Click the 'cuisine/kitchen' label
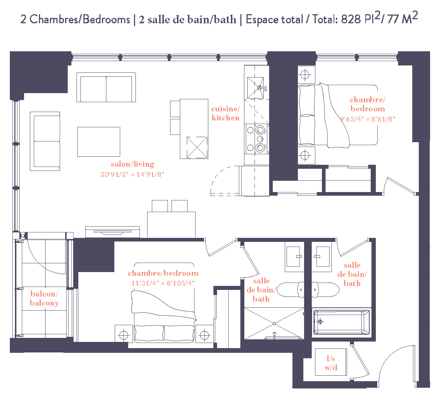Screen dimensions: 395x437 pyautogui.click(x=225, y=113)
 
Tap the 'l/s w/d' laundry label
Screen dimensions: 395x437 pyautogui.click(x=331, y=363)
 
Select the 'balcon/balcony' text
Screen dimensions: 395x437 pyautogui.click(x=44, y=298)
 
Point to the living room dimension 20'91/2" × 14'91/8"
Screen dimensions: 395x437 pyautogui.click(x=133, y=175)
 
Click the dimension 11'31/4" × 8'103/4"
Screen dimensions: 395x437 pyautogui.click(x=163, y=283)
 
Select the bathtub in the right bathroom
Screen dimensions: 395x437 pyautogui.click(x=342, y=322)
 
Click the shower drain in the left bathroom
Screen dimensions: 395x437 pyautogui.click(x=274, y=323)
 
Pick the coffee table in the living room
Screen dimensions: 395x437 pyautogui.click(x=99, y=142)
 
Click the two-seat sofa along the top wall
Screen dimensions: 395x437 pyautogui.click(x=106, y=88)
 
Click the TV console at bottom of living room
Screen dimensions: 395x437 pyautogui.click(x=113, y=232)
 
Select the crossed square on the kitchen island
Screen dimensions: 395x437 pyautogui.click(x=197, y=147)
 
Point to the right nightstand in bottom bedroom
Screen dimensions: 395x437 pyautogui.click(x=204, y=334)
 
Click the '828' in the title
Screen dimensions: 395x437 pyautogui.click(x=351, y=19)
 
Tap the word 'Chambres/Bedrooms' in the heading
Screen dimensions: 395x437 pyautogui.click(x=79, y=19)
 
